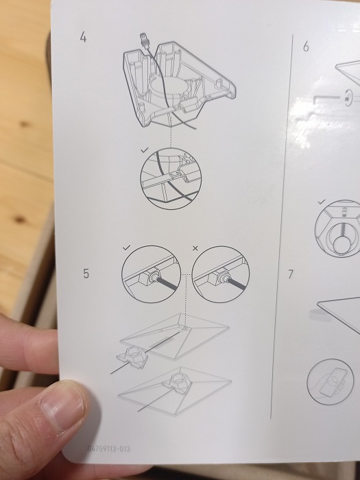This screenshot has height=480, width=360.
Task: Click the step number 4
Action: coord(83,37)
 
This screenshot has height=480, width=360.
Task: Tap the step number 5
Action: coord(86,274)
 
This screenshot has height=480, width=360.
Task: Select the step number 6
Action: coord(306,47)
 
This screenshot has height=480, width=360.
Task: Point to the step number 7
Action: coord(291,274)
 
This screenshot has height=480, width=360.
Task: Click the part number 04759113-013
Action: coord(108,448)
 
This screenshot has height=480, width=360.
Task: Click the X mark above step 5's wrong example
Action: coord(195,248)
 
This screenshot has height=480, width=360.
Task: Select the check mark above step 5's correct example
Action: coord(126,248)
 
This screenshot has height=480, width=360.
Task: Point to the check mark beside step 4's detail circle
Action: coord(145,149)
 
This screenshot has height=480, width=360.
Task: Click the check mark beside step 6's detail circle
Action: coord(322,202)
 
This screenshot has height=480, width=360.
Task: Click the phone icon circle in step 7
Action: coord(330,382)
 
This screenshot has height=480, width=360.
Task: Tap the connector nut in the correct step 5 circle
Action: coord(152,277)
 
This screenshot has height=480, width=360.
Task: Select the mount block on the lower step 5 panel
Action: coord(178,383)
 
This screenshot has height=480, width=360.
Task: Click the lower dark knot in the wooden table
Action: coord(20,219)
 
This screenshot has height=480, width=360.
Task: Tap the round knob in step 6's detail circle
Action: coord(341,243)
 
